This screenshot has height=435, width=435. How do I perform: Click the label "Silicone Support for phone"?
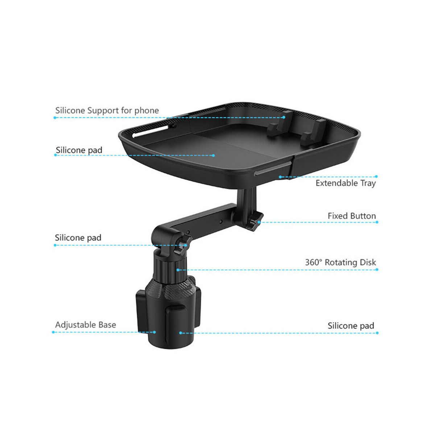[x=107, y=111]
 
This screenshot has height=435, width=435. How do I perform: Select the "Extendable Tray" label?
[x=345, y=183]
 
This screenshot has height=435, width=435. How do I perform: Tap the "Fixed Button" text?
[x=352, y=216]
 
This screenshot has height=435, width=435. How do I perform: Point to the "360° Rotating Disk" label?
[x=340, y=262]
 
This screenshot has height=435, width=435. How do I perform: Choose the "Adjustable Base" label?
[x=86, y=325]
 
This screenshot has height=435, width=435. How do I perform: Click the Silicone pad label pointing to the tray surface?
[x=79, y=150]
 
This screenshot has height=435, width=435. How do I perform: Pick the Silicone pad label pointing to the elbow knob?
[x=78, y=238]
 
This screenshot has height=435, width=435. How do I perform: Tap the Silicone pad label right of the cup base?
[x=351, y=326]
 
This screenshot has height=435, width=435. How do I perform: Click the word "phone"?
[x=146, y=111]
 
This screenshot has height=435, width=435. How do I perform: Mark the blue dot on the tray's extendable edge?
[x=280, y=177]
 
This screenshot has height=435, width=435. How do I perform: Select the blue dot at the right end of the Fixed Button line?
[x=377, y=222]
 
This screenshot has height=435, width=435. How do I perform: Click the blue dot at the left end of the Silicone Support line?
[x=55, y=117]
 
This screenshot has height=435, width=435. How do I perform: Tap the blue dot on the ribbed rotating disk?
[x=178, y=270]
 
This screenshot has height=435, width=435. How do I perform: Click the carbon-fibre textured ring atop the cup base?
[x=170, y=286]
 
